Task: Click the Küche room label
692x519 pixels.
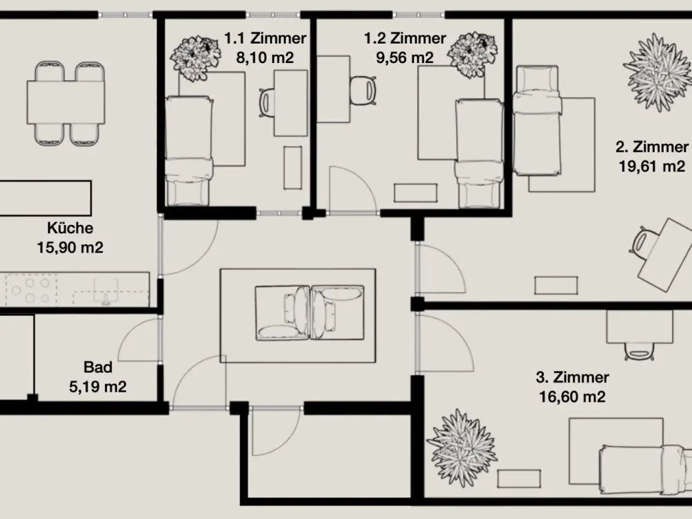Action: click(70, 228)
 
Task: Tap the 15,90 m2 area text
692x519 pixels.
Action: click(70, 248)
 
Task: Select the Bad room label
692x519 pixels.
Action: click(98, 367)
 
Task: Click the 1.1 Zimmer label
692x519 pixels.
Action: click(265, 38)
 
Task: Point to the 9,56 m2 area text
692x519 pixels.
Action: click(405, 58)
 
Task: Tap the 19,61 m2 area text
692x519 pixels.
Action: click(652, 166)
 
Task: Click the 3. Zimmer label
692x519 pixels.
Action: click(572, 377)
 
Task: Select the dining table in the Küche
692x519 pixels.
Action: click(66, 102)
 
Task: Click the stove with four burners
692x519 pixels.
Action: click(31, 289)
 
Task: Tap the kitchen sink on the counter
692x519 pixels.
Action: click(105, 291)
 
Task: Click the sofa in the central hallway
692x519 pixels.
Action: click(310, 313)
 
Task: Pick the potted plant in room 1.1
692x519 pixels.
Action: click(194, 58)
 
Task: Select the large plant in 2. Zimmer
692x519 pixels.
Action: click(657, 72)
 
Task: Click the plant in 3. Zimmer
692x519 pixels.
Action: click(462, 447)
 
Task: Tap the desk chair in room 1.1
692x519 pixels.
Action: click(266, 103)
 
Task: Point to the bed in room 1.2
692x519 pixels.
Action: click(480, 154)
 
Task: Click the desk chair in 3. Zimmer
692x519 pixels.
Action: click(639, 351)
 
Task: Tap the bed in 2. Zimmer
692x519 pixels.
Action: click(537, 120)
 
